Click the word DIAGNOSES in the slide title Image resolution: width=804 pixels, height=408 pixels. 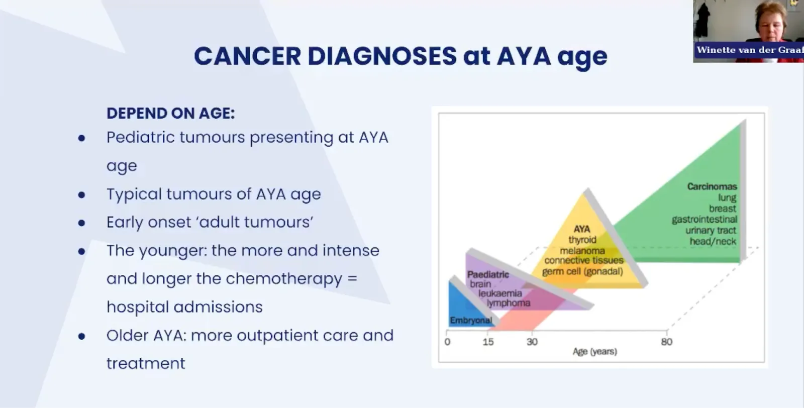coord(382,56)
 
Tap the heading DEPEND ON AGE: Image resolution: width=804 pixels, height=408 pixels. coord(170,114)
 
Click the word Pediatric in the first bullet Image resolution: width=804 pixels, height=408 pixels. coord(140,138)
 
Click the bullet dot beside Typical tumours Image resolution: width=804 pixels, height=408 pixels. coord(82,194)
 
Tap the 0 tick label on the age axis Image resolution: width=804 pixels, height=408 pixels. coord(447,342)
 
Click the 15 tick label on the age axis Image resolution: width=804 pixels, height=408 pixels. coord(488,342)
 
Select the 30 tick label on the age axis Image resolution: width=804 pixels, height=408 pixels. coord(532,342)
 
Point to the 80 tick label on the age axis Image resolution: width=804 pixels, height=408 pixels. coord(666,342)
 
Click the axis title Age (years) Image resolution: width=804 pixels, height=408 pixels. coord(595,351)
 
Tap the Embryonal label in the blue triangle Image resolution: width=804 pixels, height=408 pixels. coord(471,320)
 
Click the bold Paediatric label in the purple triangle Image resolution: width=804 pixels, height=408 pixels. coord(488,274)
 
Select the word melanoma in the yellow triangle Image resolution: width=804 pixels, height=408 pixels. coord(582,250)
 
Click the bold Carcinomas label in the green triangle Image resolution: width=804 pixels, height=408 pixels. coord(712,186)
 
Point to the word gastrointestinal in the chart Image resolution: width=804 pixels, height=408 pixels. coord(704,219)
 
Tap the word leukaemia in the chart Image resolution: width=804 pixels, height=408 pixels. coord(500,293)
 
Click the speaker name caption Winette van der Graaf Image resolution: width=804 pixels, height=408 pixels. coord(750,50)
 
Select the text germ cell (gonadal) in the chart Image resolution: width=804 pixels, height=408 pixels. coord(582,271)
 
